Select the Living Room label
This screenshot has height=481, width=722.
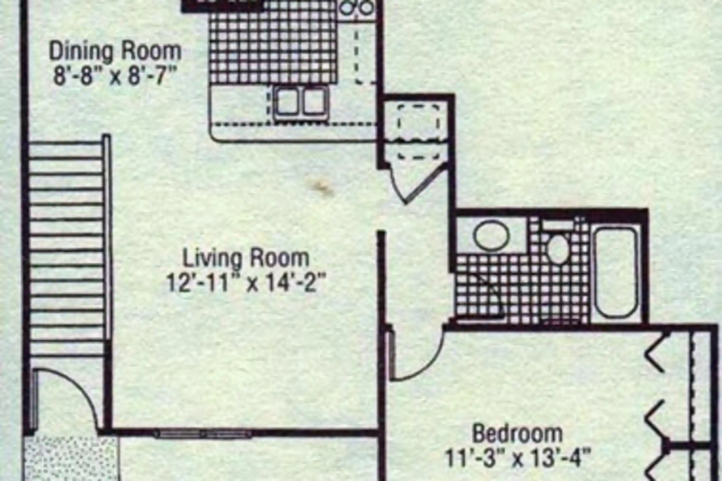click(x=246, y=259)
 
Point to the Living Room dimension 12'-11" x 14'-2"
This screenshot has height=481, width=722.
click(x=246, y=283)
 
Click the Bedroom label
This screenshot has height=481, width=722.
click(x=517, y=434)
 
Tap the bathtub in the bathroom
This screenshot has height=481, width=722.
click(x=616, y=272)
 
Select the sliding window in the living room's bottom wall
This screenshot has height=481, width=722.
click(x=202, y=434)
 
